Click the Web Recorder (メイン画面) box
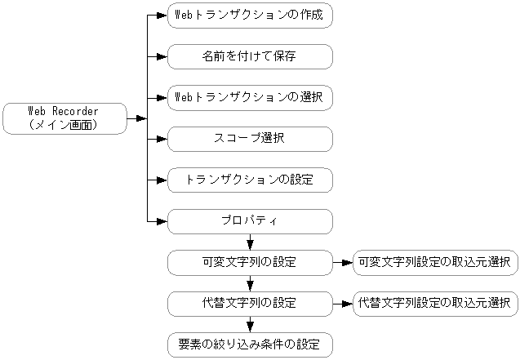(64, 118)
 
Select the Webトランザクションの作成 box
(250, 16)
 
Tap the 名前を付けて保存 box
(250, 56)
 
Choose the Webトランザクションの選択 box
(250, 97)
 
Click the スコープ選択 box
(250, 139)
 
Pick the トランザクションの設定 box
(250, 180)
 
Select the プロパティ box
(250, 221)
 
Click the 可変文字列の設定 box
(250, 262)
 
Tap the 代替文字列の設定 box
(250, 304)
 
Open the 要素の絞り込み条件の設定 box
(250, 344)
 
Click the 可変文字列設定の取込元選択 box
(434, 262)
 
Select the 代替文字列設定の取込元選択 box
(434, 304)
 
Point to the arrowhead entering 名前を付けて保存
(161, 56)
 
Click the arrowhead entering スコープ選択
(161, 139)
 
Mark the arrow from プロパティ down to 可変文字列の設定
(250, 242)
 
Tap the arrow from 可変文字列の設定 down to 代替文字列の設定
(250, 283)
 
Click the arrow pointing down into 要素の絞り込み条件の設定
(250, 325)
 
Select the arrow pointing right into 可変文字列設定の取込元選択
(343, 262)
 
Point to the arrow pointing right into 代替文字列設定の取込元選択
(343, 304)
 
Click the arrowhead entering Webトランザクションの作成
(161, 16)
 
